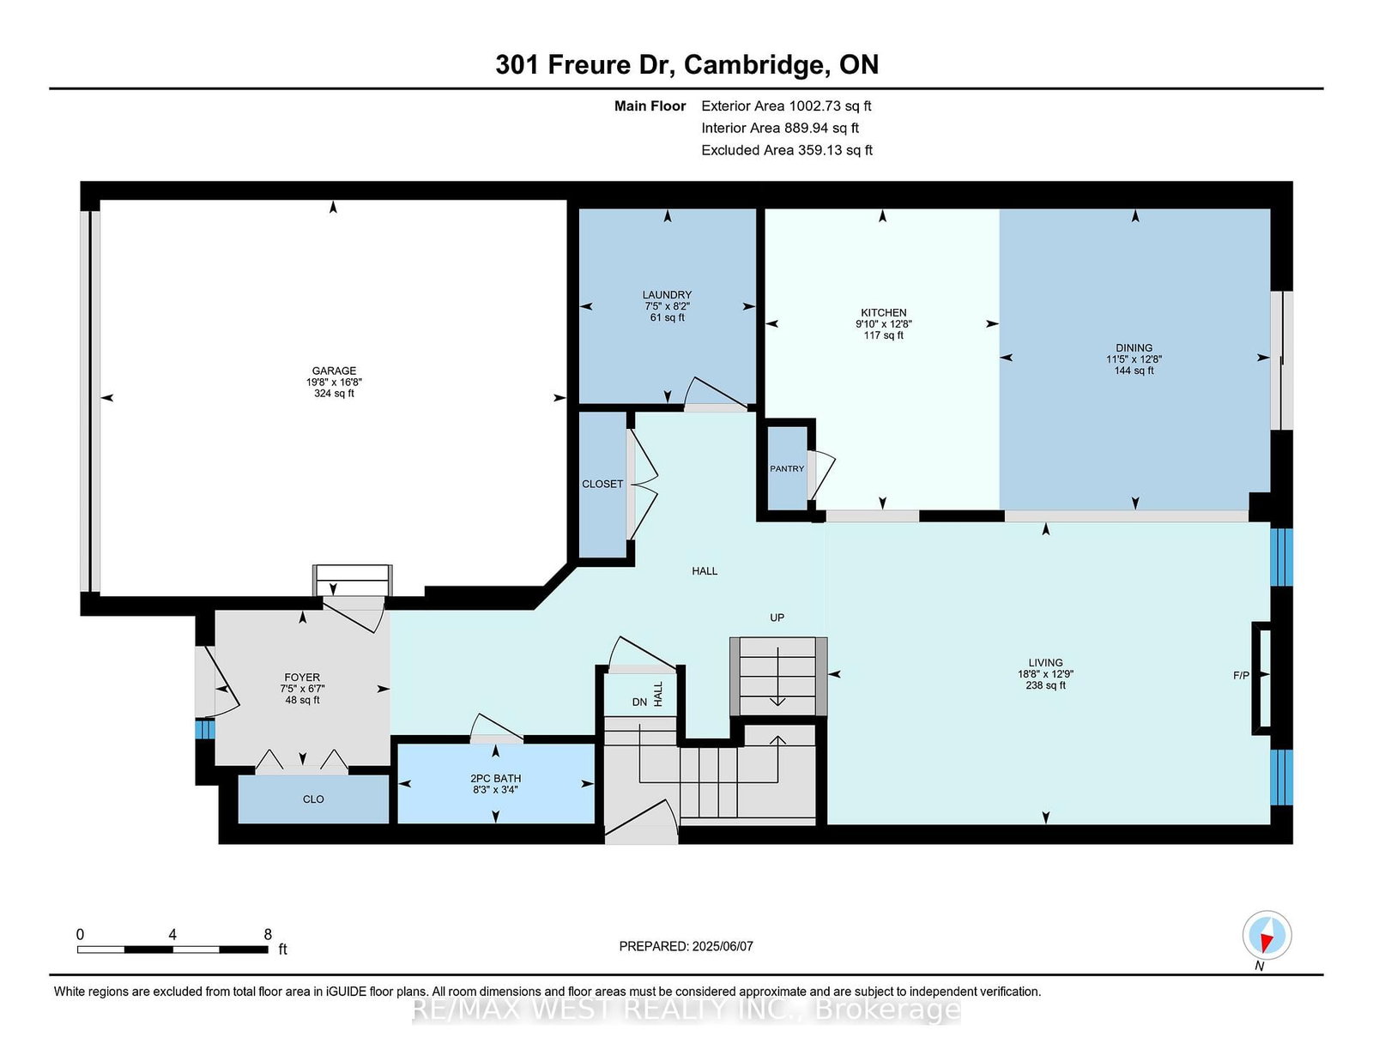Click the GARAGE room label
[x=334, y=371]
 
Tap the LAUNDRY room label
[x=667, y=295]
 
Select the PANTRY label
[x=787, y=468]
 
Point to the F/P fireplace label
[x=1241, y=675]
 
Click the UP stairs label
[x=777, y=618]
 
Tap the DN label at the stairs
[x=639, y=702]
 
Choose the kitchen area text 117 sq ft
[x=883, y=335]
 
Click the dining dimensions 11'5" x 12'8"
[x=1134, y=359]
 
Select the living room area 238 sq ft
[x=1045, y=685]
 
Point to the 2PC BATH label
[x=495, y=779]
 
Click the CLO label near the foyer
[x=312, y=799]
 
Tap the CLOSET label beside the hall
[x=602, y=484]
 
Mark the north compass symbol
[x=1267, y=935]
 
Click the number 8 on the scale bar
[x=268, y=935]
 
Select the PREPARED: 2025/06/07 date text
[x=686, y=946]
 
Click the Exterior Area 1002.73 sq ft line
[x=786, y=106]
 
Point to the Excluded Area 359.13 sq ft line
[x=787, y=150]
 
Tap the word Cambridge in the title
[x=757, y=65]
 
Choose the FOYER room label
[x=302, y=678]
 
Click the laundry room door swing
[x=716, y=392]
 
